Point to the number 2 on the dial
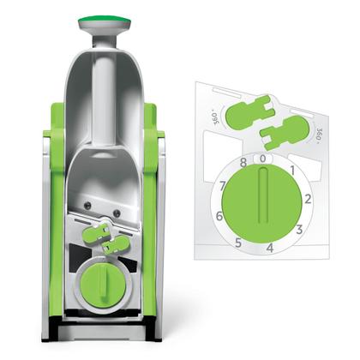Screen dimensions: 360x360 (306, 198)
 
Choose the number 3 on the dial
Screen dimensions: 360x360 (299, 229)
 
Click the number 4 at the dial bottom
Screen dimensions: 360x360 (268, 248)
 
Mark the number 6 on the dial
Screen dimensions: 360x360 (219, 216)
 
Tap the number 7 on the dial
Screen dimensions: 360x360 (223, 184)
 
